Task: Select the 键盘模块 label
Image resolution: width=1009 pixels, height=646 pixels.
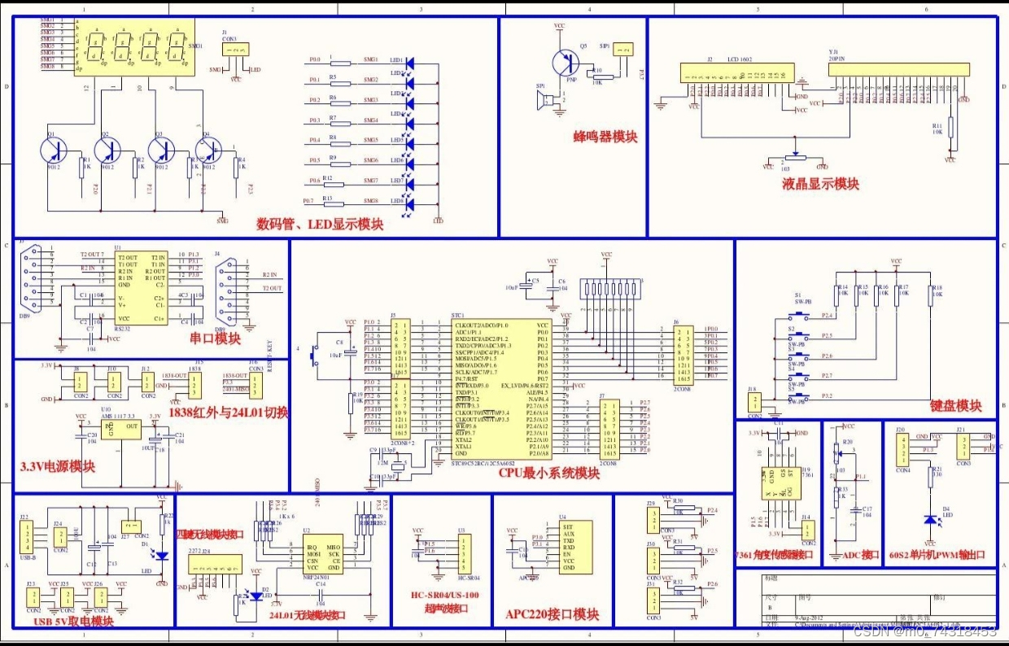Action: coord(955,405)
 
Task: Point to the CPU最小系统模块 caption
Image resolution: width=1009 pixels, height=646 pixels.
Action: coord(548,473)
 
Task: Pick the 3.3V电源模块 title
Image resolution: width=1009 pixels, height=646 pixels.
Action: coord(58,466)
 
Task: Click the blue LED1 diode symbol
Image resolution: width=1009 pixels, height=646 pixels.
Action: coord(410,62)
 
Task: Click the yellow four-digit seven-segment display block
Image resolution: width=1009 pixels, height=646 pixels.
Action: coord(134,49)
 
